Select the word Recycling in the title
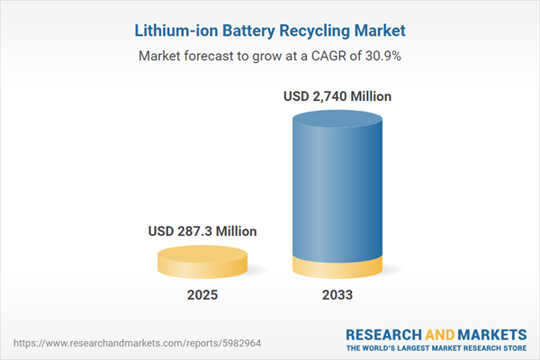pos(319,31)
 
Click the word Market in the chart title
pos(383,31)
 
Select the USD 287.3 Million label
pos(202,231)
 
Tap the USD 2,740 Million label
pos(338,95)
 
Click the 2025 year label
pos(202,295)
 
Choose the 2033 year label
pos(338,295)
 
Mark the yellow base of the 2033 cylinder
pos(338,267)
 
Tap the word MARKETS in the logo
pos(490,334)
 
